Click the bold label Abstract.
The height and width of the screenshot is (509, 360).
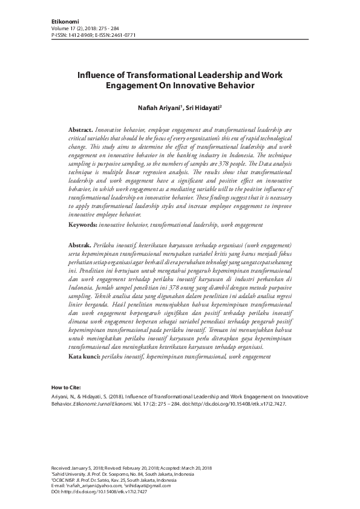(80, 130)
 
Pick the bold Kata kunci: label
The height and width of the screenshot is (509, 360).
(83, 357)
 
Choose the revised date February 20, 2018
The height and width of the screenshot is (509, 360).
(147, 468)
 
